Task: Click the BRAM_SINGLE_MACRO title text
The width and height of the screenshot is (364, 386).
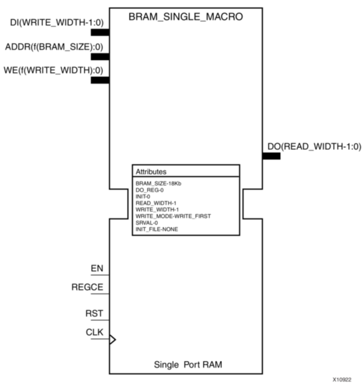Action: (186, 17)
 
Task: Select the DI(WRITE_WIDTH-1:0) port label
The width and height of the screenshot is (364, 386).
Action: (57, 22)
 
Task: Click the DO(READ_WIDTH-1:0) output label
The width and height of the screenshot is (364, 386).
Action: (314, 146)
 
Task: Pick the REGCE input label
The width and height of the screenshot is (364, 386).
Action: (87, 287)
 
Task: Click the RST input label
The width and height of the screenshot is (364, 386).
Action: (94, 313)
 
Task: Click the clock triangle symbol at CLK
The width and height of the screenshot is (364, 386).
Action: (113, 339)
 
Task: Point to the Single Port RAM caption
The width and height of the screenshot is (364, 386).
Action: (188, 365)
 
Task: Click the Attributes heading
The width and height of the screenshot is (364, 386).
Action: (151, 171)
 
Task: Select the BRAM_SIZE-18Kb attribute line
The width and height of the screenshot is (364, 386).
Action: (155, 184)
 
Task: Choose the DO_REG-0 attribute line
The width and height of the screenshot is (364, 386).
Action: (150, 190)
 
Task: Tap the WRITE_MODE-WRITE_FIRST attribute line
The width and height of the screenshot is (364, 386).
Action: (173, 216)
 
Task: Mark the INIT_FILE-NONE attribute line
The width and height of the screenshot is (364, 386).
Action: (156, 228)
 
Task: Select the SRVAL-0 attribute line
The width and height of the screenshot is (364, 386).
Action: (147, 222)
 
